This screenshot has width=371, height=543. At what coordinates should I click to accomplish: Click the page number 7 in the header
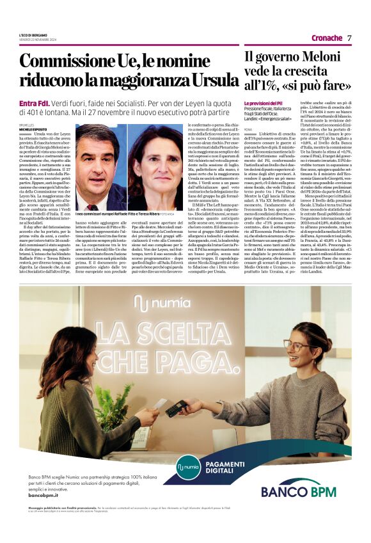pyautogui.click(x=350, y=38)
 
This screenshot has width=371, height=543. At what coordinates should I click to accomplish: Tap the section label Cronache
pyautogui.click(x=326, y=38)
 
